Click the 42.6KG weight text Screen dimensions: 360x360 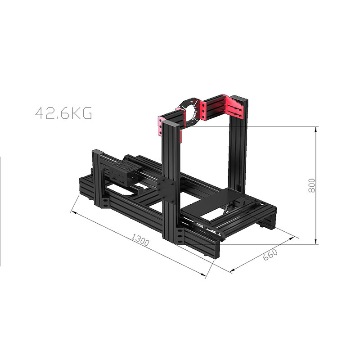coord(63,113)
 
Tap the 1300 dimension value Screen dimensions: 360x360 coord(140,239)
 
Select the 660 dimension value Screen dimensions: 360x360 coord(270,255)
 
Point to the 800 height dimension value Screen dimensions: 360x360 coord(311,185)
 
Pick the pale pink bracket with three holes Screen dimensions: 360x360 coord(160,126)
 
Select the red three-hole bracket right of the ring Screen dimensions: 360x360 coord(203,110)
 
